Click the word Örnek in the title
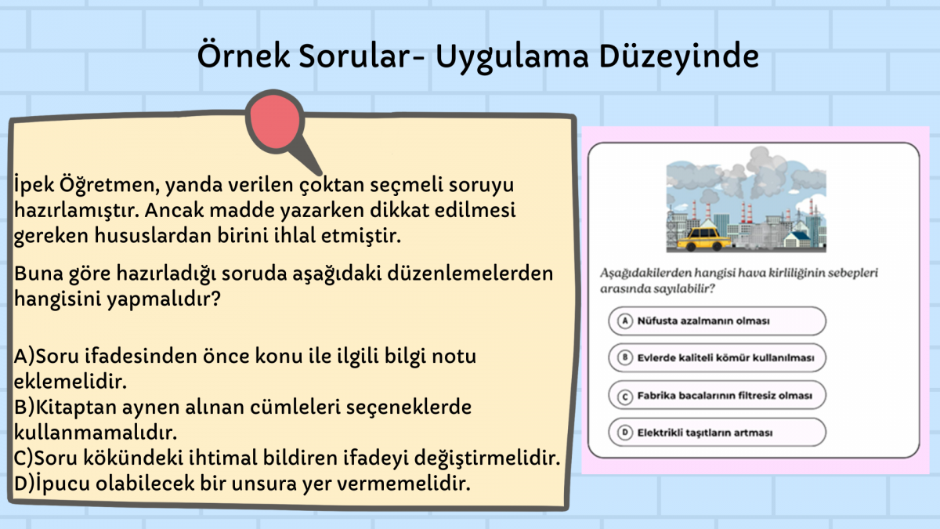coord(243,55)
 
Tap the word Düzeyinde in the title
coord(678,56)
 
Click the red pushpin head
coord(275,121)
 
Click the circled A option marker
coord(624,321)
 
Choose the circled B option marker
coord(624,357)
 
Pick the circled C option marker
coord(624,396)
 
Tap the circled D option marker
coord(624,433)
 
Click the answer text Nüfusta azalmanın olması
coord(703,321)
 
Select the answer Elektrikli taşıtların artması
coord(704,433)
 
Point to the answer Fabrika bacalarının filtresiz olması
coord(725,396)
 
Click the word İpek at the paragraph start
coord(34,185)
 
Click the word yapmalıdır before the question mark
coord(158,299)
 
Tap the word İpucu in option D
coord(62,484)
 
